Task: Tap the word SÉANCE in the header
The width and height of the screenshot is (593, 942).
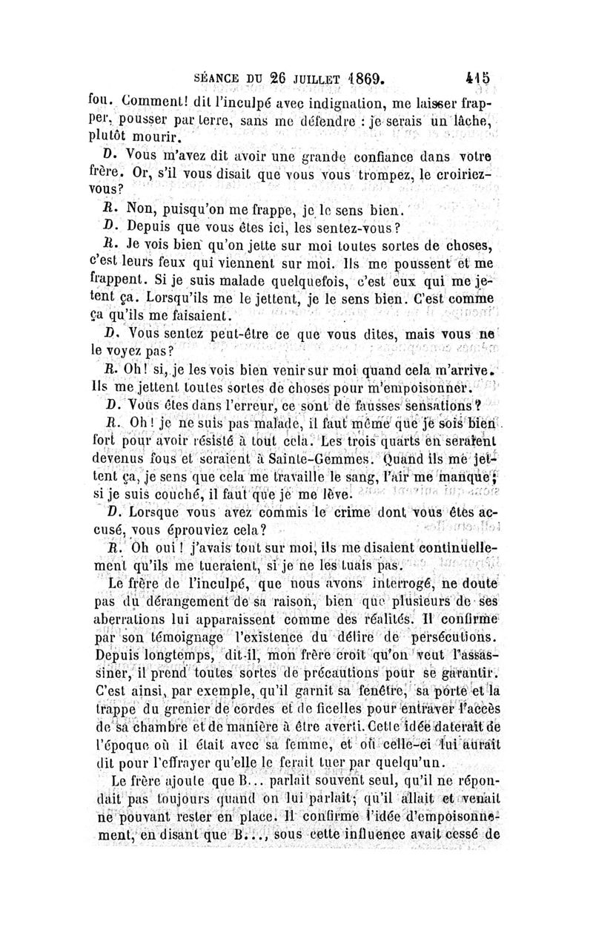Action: [218, 76]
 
